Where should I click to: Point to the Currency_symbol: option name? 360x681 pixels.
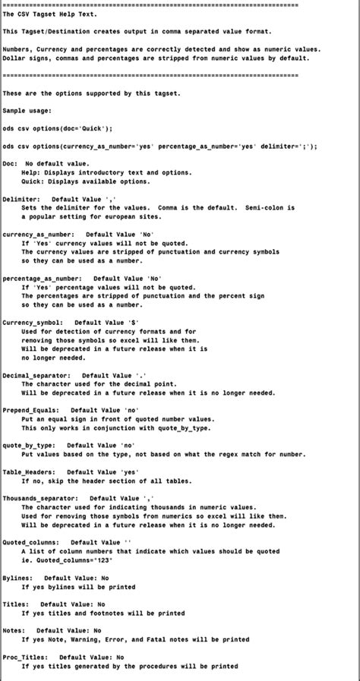pos(33,323)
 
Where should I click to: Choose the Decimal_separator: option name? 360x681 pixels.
pos(37,376)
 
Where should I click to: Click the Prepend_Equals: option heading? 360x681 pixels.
pos(31,411)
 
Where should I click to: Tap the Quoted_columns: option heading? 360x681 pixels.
pos(33,543)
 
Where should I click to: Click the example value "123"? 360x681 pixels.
pos(123,560)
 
